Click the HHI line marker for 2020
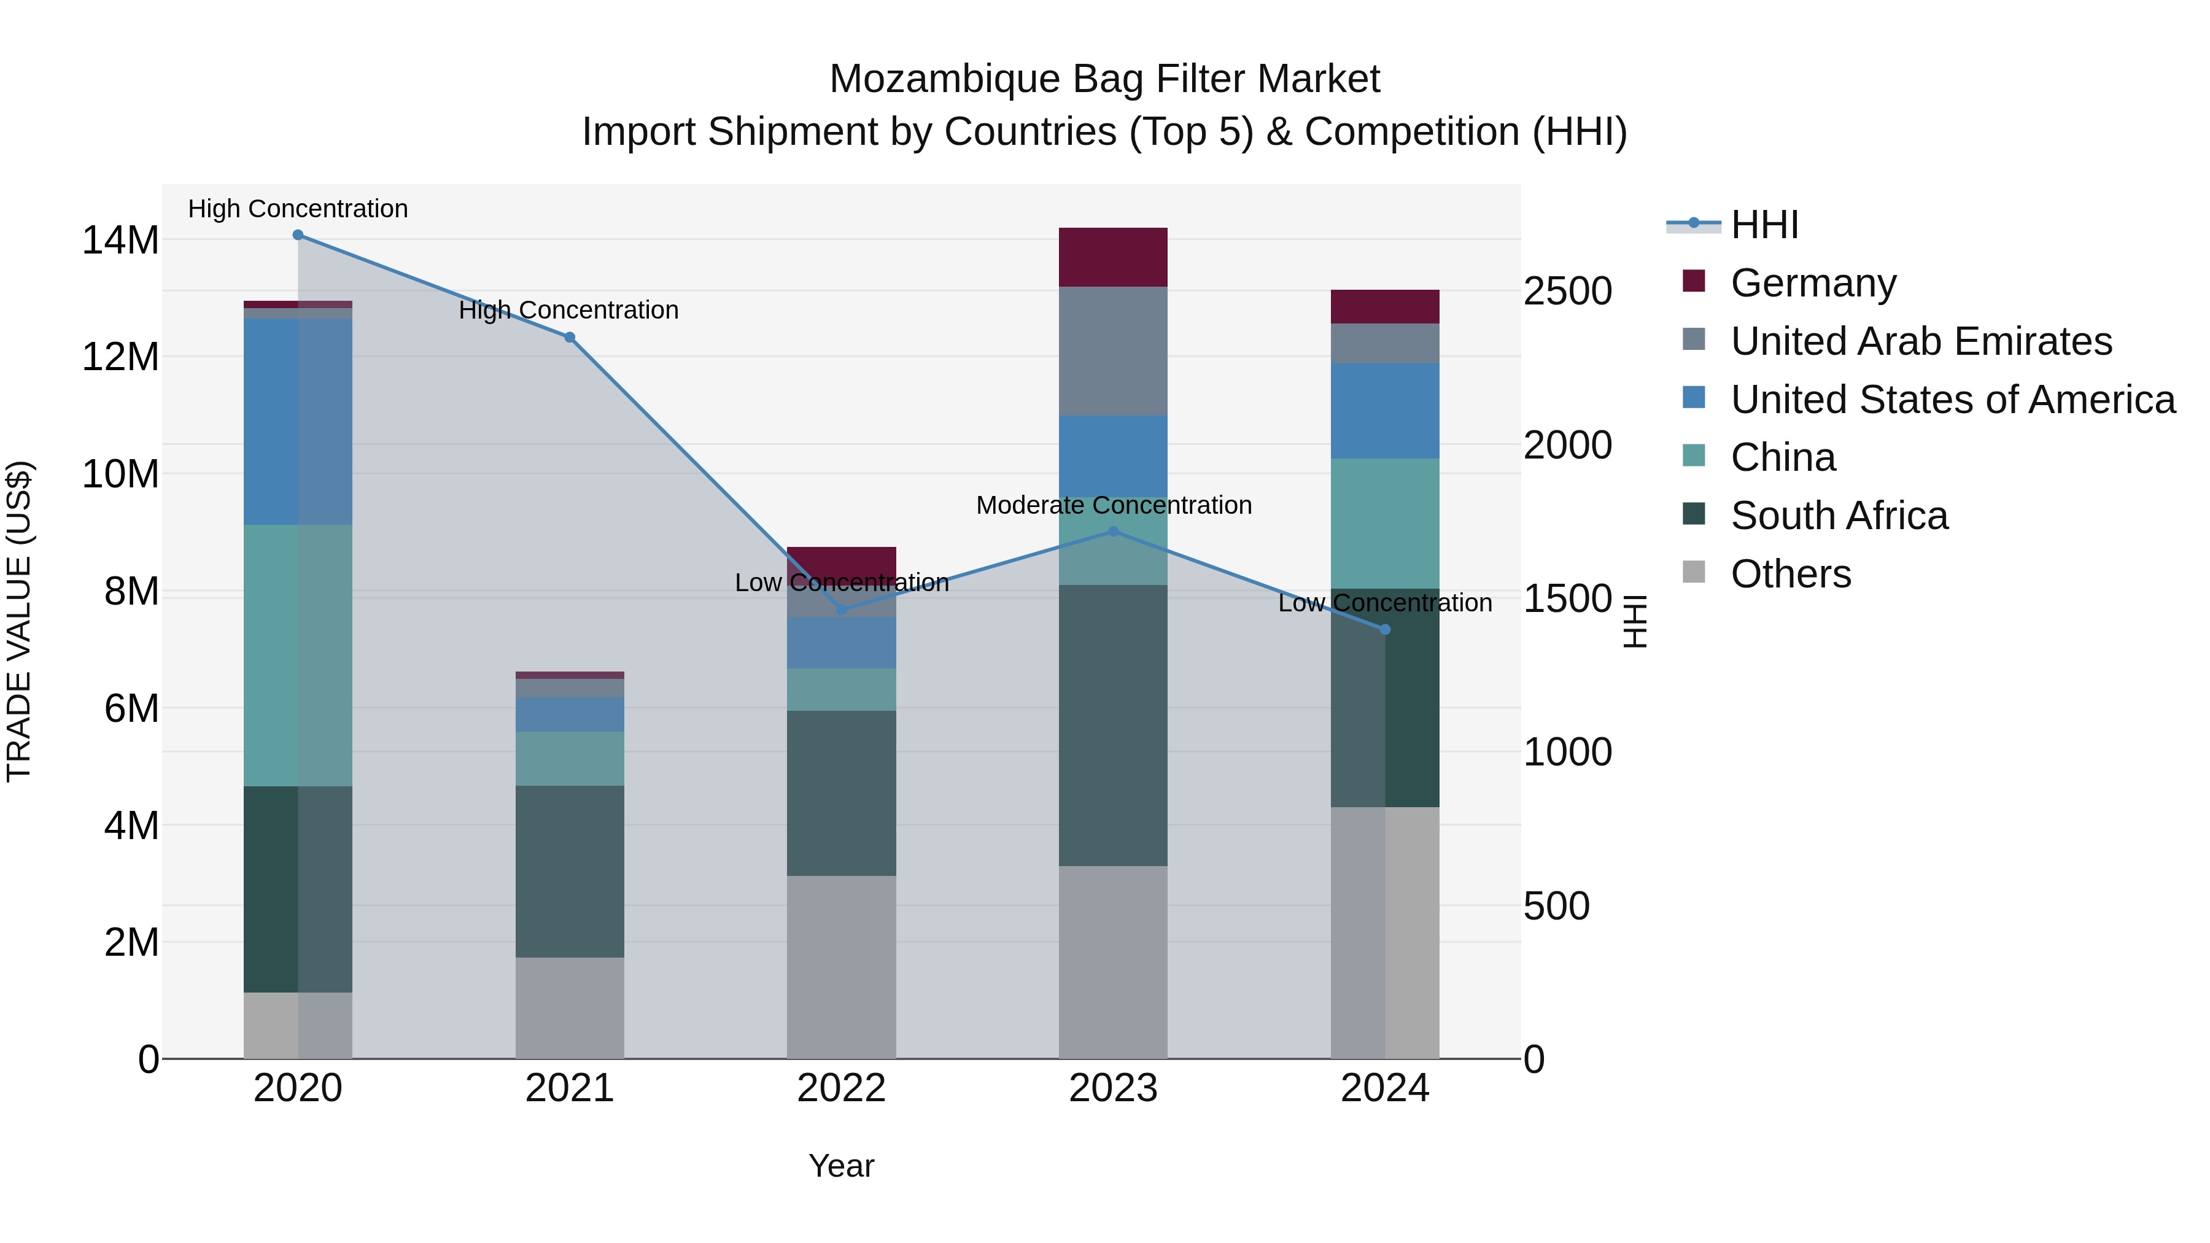298,235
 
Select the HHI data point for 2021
570,337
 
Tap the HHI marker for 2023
1114,532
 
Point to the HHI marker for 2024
1385,630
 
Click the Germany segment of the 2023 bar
1113,257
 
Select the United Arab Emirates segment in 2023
1113,352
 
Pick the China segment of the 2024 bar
1385,523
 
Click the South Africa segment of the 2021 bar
570,870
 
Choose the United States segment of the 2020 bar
298,421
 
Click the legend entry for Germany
1813,283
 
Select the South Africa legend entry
1839,516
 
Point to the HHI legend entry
1764,225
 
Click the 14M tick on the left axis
120,240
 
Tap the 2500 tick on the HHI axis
1567,291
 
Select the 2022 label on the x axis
842,1088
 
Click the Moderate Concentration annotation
1114,505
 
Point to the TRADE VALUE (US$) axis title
19,621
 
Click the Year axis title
842,1166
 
